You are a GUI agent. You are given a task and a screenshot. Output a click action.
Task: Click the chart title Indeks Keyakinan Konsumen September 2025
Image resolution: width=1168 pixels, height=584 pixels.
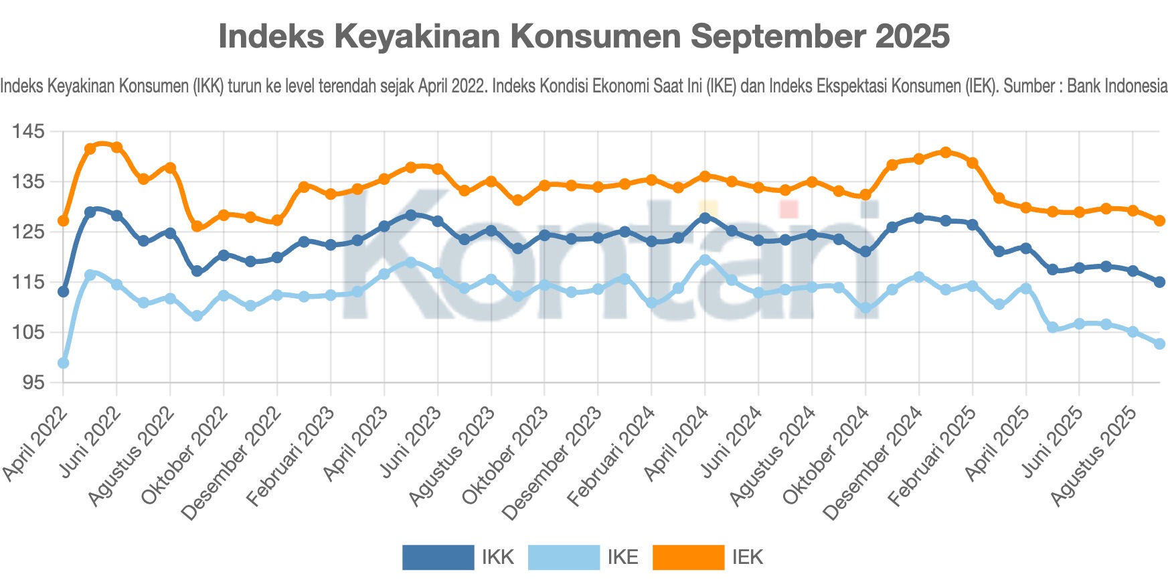[584, 36]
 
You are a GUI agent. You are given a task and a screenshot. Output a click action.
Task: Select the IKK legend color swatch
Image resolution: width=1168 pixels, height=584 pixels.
[438, 557]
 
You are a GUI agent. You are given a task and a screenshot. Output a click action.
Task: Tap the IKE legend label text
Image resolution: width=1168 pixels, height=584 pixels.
[622, 557]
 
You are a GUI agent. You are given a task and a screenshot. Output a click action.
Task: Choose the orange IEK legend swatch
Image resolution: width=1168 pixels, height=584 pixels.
[688, 557]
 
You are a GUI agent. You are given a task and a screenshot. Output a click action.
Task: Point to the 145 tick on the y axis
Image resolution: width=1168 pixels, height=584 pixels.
[28, 131]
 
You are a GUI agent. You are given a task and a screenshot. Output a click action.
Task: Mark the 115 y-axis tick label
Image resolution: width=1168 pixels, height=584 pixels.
[28, 282]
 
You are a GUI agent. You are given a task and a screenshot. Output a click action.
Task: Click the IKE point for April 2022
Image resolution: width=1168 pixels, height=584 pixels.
[64, 363]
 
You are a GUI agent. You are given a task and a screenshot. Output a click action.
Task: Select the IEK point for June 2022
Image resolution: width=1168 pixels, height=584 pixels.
[116, 147]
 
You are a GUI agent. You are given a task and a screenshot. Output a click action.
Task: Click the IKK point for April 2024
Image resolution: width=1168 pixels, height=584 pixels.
[705, 218]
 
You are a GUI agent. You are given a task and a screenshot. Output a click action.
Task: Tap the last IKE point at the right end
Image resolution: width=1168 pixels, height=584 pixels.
[1159, 344]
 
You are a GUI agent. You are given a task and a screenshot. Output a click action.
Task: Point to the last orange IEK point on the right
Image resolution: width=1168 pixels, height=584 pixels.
[1159, 220]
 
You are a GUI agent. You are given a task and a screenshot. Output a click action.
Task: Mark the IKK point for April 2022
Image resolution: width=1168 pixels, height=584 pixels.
[64, 291]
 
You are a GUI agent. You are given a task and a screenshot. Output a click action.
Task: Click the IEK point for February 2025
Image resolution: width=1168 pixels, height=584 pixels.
[973, 163]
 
